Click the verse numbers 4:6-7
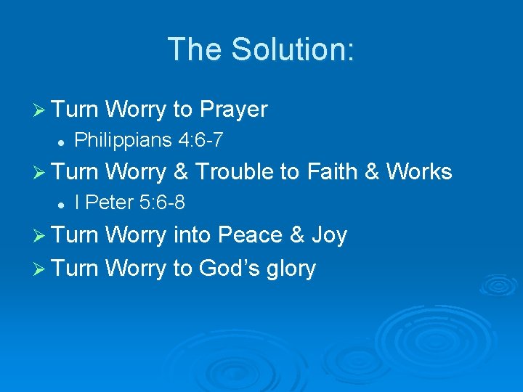(198, 139)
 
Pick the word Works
(419, 172)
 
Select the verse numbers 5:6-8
(162, 203)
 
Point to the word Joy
(328, 236)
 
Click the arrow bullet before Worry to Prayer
(41, 110)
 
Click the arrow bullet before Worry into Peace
(41, 236)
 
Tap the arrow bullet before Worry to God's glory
(41, 269)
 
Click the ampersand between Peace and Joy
(297, 235)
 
